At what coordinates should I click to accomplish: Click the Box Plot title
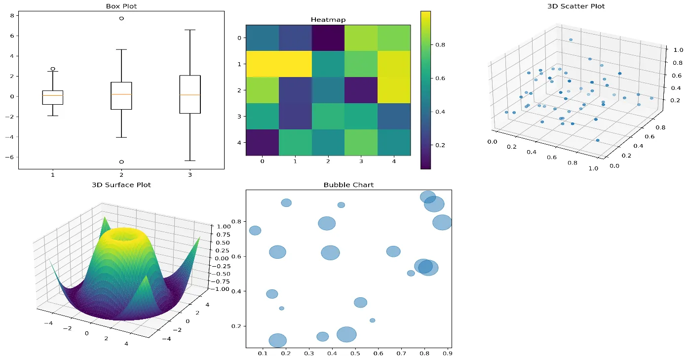(121, 6)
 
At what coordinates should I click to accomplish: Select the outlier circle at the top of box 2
(121, 18)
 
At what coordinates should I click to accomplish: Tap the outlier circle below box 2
(121, 161)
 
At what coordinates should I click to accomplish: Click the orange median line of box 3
(190, 95)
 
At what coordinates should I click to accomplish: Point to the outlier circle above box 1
(53, 69)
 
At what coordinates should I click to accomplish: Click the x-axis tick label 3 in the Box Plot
(190, 175)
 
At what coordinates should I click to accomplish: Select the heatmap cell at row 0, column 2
(328, 38)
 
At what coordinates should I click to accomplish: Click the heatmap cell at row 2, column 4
(394, 90)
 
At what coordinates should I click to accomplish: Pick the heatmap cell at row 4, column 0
(262, 142)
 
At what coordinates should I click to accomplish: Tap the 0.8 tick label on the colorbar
(440, 44)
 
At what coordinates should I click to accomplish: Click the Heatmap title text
(328, 20)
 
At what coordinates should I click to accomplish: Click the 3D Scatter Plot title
(575, 6)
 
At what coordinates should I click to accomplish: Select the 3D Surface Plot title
(121, 185)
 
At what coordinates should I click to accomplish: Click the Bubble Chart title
(348, 185)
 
